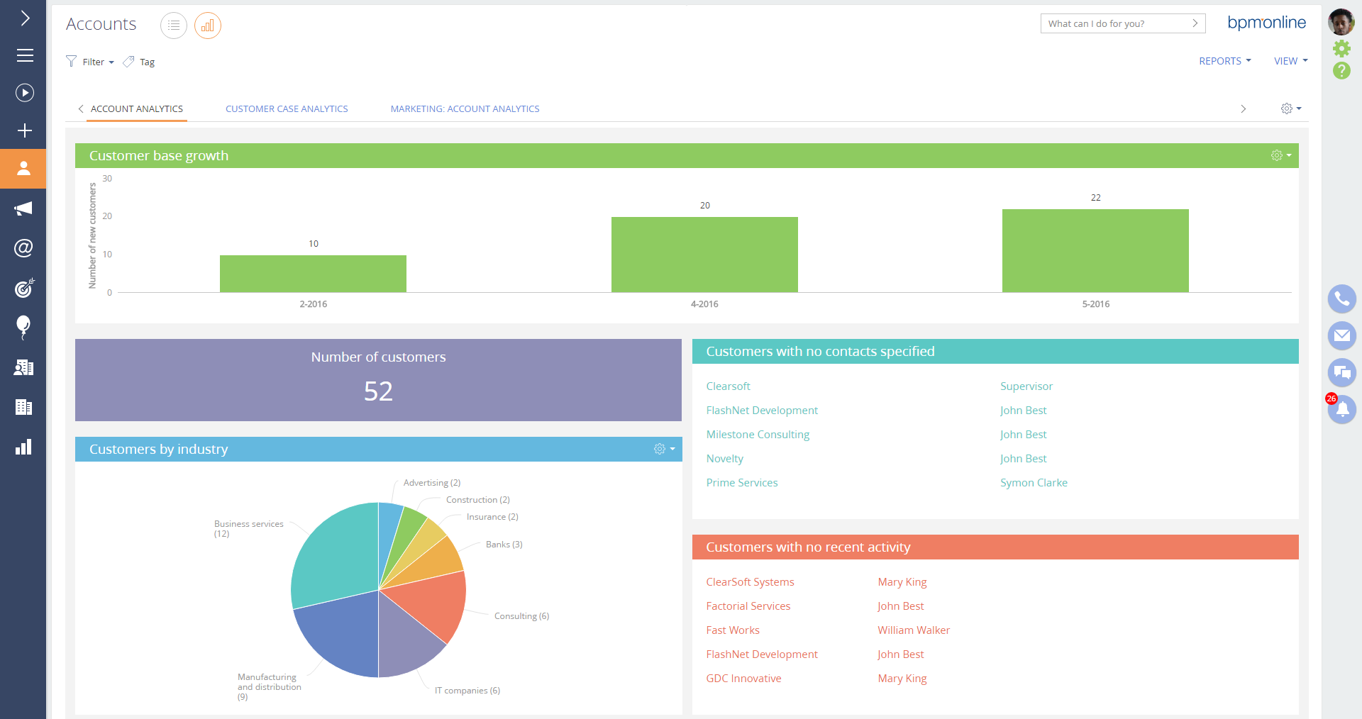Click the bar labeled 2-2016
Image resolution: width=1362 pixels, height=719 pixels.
(313, 274)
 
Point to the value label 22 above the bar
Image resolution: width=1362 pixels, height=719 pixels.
(1095, 198)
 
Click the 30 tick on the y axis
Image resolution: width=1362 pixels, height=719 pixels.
(107, 179)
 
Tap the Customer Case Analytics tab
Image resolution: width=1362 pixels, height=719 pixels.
(287, 108)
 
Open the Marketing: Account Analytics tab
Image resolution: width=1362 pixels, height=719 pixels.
(465, 108)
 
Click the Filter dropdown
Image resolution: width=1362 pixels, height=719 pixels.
(91, 62)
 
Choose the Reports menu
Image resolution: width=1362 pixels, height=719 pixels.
(1224, 61)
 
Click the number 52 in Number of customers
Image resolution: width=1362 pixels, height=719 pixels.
(378, 391)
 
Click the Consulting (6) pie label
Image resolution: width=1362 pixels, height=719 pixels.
(521, 616)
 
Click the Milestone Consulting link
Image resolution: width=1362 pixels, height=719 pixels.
(758, 435)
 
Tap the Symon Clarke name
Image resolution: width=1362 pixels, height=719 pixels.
(1034, 483)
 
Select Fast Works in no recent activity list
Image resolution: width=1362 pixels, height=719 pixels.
(733, 630)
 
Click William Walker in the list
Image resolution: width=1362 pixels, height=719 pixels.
(913, 630)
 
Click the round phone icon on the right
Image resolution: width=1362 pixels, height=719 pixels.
(1341, 299)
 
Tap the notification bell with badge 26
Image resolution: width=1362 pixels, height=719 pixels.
(1341, 410)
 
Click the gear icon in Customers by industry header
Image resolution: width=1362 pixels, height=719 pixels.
(660, 449)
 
